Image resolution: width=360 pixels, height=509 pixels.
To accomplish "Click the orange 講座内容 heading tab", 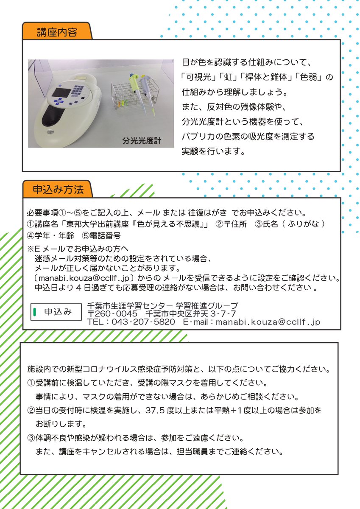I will tap(56, 32).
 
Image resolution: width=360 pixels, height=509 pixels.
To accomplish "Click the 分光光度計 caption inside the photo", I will tap(142, 140).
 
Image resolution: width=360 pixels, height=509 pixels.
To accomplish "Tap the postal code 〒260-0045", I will tap(112, 313).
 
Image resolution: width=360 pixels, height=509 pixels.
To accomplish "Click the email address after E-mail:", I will tap(268, 322).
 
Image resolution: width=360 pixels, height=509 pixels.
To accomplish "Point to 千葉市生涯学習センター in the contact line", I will tap(130, 305).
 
